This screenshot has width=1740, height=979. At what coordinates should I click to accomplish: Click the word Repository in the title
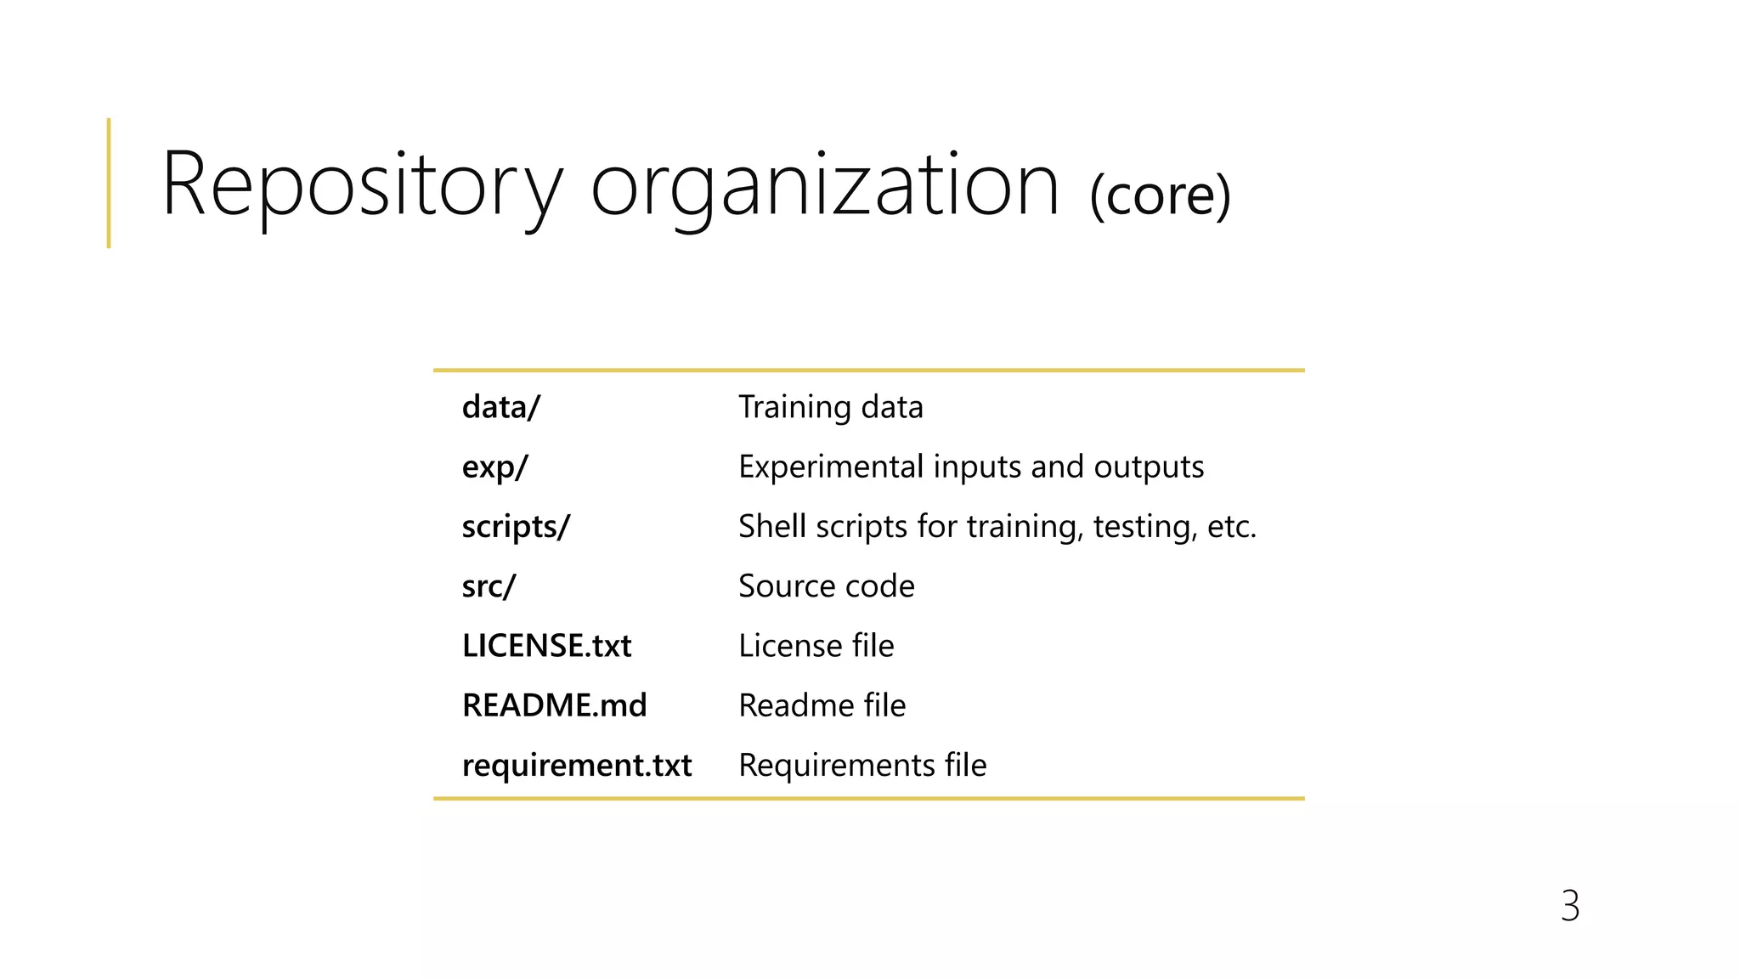(x=362, y=184)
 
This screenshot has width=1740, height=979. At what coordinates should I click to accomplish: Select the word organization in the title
(x=825, y=184)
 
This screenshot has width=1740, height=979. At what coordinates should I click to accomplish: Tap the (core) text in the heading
(x=1160, y=195)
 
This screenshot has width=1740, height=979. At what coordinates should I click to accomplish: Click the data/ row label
(x=500, y=407)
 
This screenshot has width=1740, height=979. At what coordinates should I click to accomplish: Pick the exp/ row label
(x=494, y=467)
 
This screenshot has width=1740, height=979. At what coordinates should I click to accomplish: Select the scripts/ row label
(x=516, y=527)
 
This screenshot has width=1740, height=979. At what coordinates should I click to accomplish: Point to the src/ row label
(x=489, y=586)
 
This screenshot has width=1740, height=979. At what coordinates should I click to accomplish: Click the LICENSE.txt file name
(x=546, y=646)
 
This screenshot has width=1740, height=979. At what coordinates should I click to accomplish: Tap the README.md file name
(x=554, y=705)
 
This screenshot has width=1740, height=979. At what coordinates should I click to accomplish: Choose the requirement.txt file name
(x=577, y=765)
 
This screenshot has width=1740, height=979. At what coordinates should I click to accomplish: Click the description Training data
(x=830, y=407)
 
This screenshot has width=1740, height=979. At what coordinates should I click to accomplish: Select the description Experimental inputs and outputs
(x=970, y=467)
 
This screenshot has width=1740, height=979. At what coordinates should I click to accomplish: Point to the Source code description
(x=826, y=586)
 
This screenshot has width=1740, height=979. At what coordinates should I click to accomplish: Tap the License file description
(x=816, y=646)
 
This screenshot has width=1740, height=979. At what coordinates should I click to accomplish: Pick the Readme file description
(x=822, y=705)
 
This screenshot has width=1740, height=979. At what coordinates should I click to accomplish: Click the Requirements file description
(x=862, y=765)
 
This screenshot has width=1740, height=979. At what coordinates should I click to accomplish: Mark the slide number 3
(x=1569, y=906)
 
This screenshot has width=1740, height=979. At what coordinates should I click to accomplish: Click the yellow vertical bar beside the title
(x=109, y=183)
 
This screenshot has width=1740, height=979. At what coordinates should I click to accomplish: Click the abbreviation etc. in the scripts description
(x=1231, y=527)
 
